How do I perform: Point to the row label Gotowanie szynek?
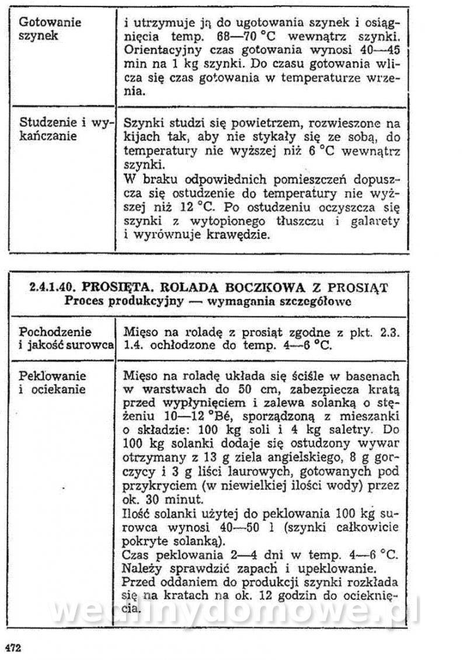pos(50,29)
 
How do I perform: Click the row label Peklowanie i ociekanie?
pos(53,382)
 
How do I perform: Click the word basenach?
pos(371,375)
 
